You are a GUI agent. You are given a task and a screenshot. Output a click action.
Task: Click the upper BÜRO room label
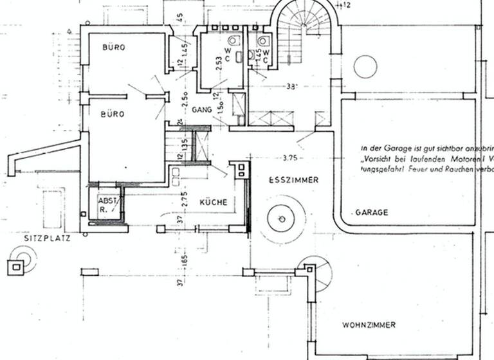coord(113,48)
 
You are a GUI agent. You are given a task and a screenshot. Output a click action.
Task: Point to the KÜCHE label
coord(213,202)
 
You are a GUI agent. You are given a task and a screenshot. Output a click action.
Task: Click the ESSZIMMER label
coord(293,181)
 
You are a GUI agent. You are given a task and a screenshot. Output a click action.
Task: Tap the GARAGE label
coord(372,212)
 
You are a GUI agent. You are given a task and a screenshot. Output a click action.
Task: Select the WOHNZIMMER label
coord(369,325)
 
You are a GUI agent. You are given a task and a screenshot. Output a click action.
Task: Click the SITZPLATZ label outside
coord(47,237)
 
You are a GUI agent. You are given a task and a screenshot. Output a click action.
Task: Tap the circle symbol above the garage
coord(365,67)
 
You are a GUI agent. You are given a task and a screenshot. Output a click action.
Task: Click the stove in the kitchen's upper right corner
coord(242,170)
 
